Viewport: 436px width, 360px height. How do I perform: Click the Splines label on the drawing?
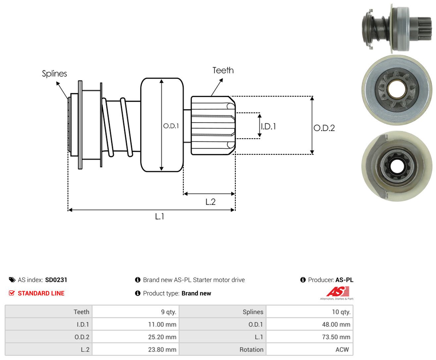coord(54,74)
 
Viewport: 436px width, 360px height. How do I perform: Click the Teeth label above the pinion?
coord(223,70)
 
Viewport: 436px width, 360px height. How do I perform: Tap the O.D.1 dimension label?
coord(171,126)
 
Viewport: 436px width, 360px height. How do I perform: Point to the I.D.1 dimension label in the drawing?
coord(268,126)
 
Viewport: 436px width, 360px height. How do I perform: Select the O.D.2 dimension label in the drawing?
coord(324,128)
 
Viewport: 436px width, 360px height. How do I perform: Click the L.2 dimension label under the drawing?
coord(210,202)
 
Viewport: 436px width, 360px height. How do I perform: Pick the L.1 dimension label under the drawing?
coord(160,216)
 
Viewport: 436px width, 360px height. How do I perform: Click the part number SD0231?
coord(56,280)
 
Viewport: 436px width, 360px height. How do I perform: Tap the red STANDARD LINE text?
coord(41,293)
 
